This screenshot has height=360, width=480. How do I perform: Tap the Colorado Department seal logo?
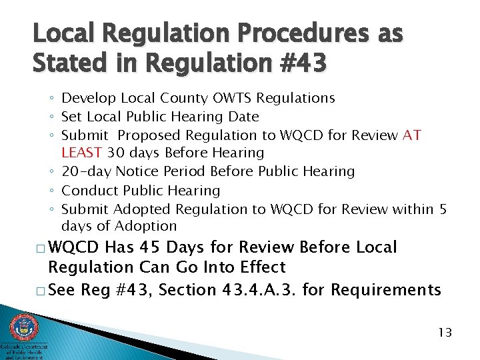coord(24,328)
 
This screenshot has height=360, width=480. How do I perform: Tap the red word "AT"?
coord(412,135)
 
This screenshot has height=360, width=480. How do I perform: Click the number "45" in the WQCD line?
coord(151,247)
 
